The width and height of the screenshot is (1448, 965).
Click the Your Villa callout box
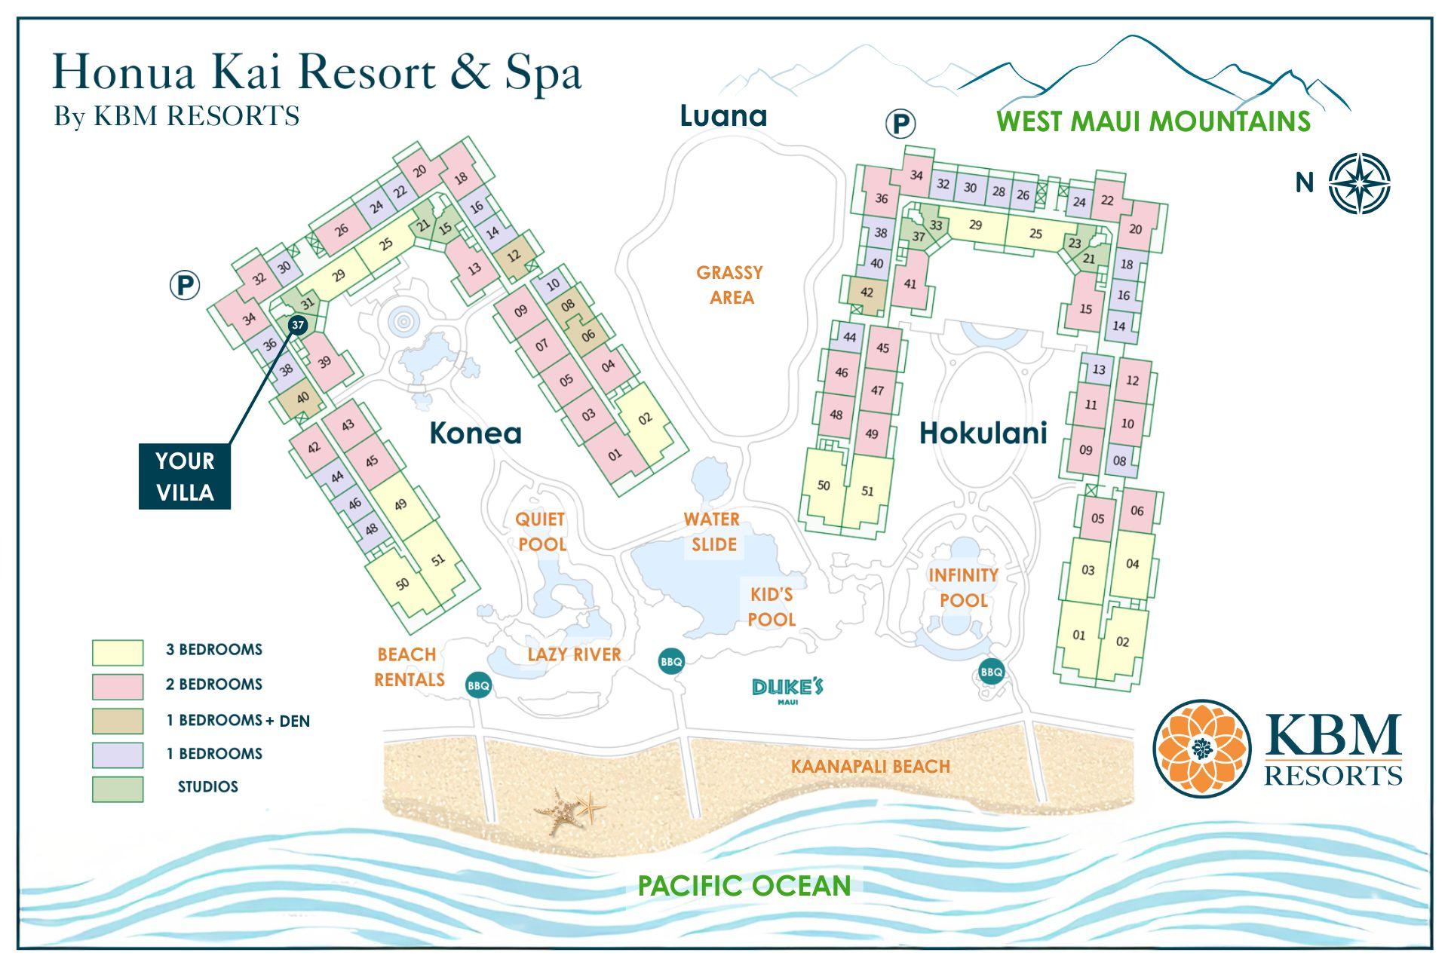tap(185, 476)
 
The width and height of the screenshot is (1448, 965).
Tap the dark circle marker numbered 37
tap(298, 326)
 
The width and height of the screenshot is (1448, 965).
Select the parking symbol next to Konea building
tap(185, 286)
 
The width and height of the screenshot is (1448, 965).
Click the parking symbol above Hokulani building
tap(900, 124)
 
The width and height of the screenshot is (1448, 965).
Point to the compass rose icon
tap(1359, 183)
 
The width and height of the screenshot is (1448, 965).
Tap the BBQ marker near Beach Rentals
tap(479, 685)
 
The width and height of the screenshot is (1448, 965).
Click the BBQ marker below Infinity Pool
tap(992, 672)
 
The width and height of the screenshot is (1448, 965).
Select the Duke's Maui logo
tap(787, 690)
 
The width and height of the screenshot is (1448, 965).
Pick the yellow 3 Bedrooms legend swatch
tap(118, 652)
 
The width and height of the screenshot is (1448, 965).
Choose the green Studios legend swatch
tap(118, 789)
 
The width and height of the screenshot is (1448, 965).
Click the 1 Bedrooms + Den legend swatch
tap(118, 721)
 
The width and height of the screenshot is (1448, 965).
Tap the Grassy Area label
tap(730, 285)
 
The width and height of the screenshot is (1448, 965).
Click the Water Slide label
tap(713, 532)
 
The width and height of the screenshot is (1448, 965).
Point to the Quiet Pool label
tap(541, 532)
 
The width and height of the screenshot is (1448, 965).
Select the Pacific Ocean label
tap(744, 885)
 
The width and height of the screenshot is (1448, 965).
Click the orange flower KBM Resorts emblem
tap(1201, 748)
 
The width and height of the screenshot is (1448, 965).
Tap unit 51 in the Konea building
tap(438, 559)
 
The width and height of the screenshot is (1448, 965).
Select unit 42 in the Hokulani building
tap(867, 293)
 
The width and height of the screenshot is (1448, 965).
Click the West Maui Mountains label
tap(1153, 121)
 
